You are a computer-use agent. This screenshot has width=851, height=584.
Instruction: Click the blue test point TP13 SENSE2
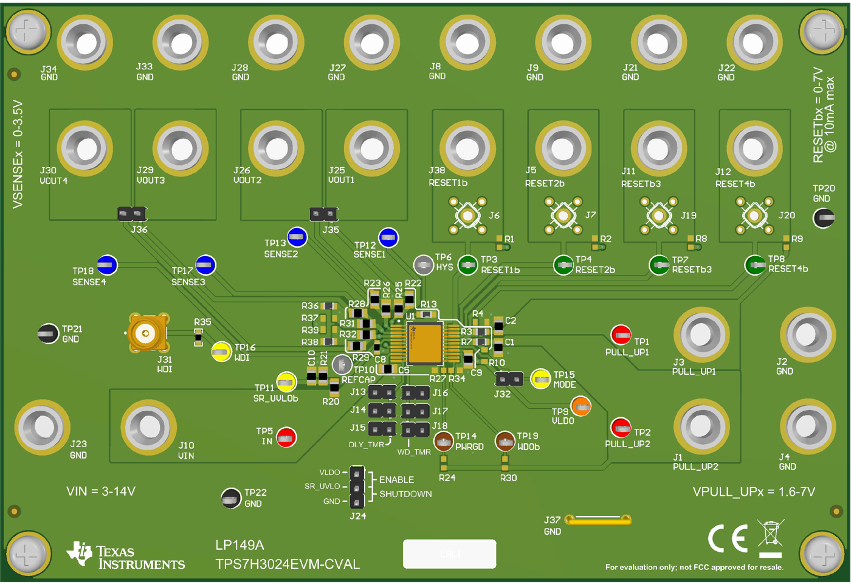click(x=297, y=237)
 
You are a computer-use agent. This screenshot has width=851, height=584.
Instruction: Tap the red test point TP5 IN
click(x=286, y=437)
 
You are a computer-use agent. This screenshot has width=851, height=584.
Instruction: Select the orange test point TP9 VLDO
click(x=581, y=406)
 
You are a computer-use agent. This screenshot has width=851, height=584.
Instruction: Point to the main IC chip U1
click(x=424, y=343)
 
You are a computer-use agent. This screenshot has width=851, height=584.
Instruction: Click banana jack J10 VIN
click(x=148, y=426)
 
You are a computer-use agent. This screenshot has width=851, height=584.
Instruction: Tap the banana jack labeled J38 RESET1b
click(x=467, y=148)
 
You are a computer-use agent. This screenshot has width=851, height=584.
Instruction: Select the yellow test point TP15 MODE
click(x=540, y=379)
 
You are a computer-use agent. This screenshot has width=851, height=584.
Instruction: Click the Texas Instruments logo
click(x=126, y=555)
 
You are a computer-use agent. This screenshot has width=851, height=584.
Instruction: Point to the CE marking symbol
click(x=728, y=539)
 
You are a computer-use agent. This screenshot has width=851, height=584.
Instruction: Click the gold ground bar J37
click(x=598, y=520)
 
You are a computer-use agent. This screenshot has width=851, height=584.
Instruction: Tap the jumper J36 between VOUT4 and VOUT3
click(x=132, y=214)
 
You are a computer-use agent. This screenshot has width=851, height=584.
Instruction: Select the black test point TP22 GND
click(x=231, y=498)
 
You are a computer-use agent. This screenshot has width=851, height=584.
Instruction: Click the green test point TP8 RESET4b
click(x=755, y=265)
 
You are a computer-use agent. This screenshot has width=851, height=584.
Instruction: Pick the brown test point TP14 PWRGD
click(x=444, y=440)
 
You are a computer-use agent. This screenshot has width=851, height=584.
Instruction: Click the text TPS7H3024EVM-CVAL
click(x=288, y=564)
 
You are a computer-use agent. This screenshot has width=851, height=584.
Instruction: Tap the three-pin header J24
click(x=357, y=487)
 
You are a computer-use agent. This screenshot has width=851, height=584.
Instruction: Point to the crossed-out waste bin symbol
click(x=771, y=538)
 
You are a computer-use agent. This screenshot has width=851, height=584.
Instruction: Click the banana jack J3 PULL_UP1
click(x=701, y=335)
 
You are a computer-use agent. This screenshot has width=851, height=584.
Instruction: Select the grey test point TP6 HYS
click(x=423, y=264)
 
